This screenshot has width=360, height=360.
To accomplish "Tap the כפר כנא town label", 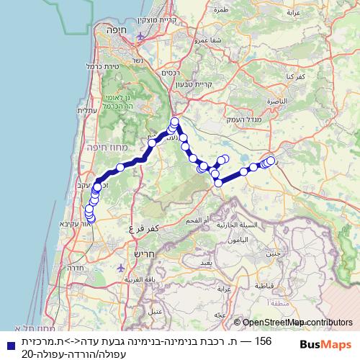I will pyautogui.click(x=298, y=75).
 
